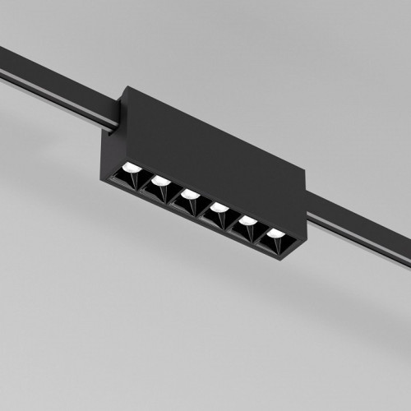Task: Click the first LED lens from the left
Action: pyautogui.click(x=132, y=168)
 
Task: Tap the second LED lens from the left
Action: pyautogui.click(x=161, y=181)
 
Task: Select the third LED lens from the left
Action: pyautogui.click(x=190, y=194)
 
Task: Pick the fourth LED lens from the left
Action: pyautogui.click(x=219, y=207)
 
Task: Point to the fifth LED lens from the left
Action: pyautogui.click(x=247, y=220)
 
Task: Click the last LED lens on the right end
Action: pyautogui.click(x=275, y=233)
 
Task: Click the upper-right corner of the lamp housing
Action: pyautogui.click(x=305, y=173)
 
